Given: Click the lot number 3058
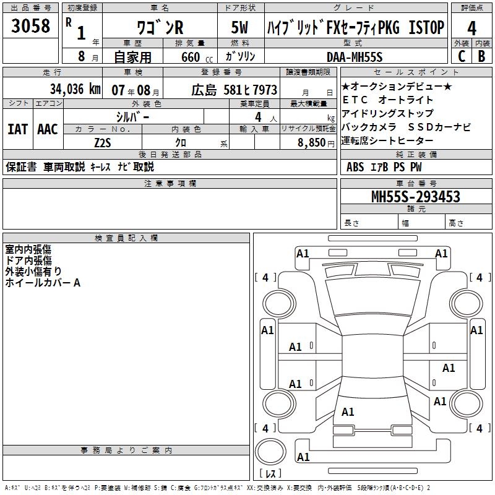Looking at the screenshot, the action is (x=30, y=25).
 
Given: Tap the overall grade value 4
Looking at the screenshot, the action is (x=471, y=28).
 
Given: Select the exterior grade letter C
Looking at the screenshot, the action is (x=462, y=56).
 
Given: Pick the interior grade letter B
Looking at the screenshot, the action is (x=481, y=56).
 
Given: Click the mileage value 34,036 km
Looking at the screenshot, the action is (x=75, y=89).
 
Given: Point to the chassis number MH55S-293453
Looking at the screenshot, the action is (x=416, y=197).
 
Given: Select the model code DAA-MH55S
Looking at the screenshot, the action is (x=355, y=57).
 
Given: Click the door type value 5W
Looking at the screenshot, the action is (x=239, y=27).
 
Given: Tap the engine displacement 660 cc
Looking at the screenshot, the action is (x=197, y=58).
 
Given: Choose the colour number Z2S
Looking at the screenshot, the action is (x=103, y=143).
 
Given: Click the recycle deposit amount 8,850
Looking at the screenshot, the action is (x=312, y=143).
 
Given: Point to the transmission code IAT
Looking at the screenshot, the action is (x=18, y=129).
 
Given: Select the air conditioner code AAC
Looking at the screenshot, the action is (x=48, y=129).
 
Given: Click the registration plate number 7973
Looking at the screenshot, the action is (x=264, y=90).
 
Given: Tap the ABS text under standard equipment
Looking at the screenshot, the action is (x=355, y=167).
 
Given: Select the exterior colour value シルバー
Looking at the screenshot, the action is (x=132, y=117).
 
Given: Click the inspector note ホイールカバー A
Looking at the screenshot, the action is (x=43, y=283).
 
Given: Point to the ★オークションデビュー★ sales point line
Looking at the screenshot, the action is (x=397, y=86).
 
